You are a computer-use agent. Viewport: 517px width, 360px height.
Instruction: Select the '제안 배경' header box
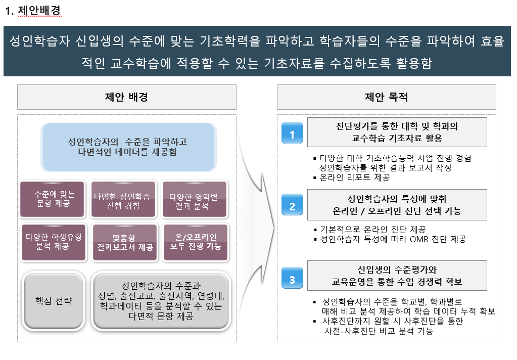(126, 97)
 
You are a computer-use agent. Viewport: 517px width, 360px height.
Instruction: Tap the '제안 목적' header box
(386, 97)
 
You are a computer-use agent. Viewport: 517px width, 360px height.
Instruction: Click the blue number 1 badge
(292, 134)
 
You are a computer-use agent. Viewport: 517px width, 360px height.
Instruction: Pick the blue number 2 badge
(292, 206)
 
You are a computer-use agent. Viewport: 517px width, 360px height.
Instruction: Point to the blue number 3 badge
(292, 279)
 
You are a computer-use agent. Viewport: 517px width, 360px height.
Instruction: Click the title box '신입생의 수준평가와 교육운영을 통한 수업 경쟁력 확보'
(397, 275)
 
